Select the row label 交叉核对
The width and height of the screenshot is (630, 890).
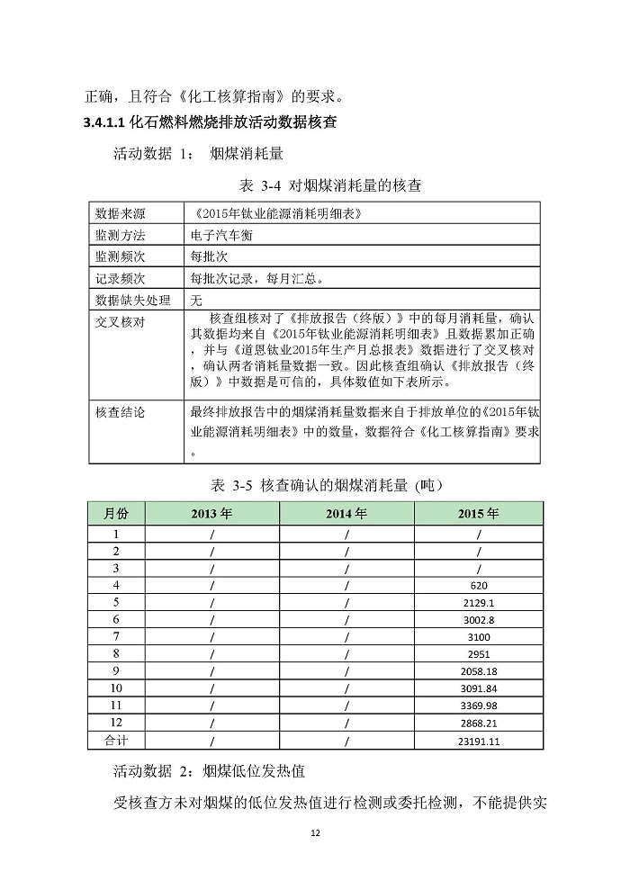pos(121,321)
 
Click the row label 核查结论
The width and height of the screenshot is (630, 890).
pos(121,412)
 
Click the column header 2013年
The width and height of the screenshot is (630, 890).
pos(212,514)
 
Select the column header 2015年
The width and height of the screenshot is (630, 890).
pos(478,514)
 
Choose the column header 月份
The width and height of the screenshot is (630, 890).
pos(116,514)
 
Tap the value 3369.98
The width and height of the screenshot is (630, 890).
pos(478,706)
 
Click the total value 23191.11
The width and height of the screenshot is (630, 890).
pos(478,741)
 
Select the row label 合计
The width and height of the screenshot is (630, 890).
pos(116,741)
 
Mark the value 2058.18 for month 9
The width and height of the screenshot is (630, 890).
pos(478,671)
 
